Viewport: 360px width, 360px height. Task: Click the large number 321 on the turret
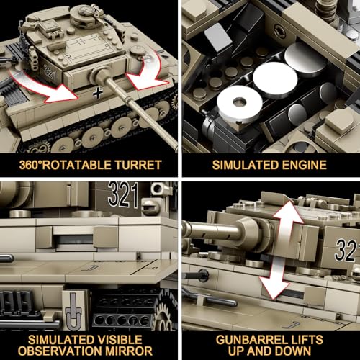coord(122,192)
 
